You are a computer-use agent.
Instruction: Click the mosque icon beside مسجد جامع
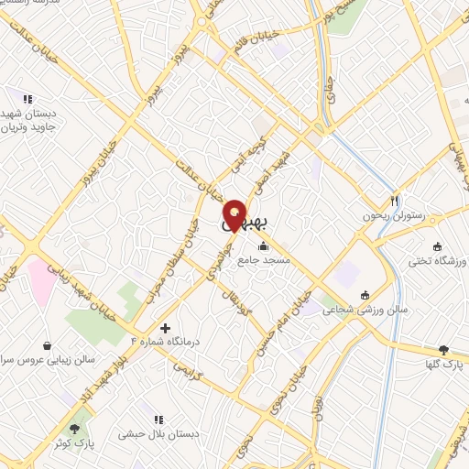264,245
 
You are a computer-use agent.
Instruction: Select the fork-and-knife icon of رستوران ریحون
395,200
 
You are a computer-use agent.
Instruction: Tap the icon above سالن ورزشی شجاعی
365,294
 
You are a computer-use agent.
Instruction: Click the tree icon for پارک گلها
444,349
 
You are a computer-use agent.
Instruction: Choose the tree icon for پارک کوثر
74,428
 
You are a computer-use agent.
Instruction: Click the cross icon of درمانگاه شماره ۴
165,328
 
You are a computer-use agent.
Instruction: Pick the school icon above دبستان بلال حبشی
159,419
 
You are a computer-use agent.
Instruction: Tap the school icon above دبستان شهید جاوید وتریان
27,98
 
